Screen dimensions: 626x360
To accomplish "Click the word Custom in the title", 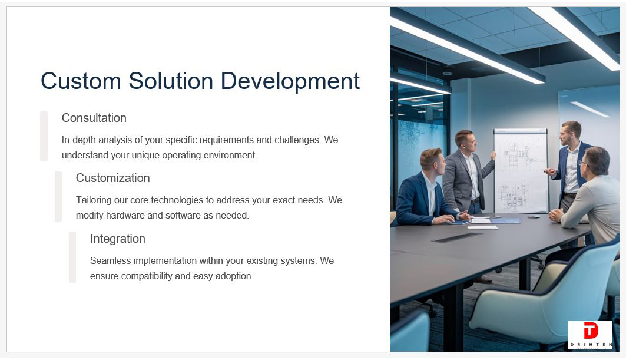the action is pos(81,81).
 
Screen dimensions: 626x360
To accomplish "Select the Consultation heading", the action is pos(94,118).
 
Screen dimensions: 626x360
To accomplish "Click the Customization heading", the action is pos(112,178).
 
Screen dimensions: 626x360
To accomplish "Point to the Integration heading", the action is pos(117,239).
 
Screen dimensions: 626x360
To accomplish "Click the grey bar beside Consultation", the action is pos(44,136).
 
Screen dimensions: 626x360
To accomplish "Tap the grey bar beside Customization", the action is pos(58,196).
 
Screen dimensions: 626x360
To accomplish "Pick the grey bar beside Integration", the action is pos(72,257).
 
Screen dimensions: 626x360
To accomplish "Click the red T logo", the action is pos(591,331).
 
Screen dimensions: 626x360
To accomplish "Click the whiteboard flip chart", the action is pos(521,171).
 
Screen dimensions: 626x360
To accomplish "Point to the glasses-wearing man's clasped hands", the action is pos(556,215).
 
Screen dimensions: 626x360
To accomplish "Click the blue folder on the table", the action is pos(506,220).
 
